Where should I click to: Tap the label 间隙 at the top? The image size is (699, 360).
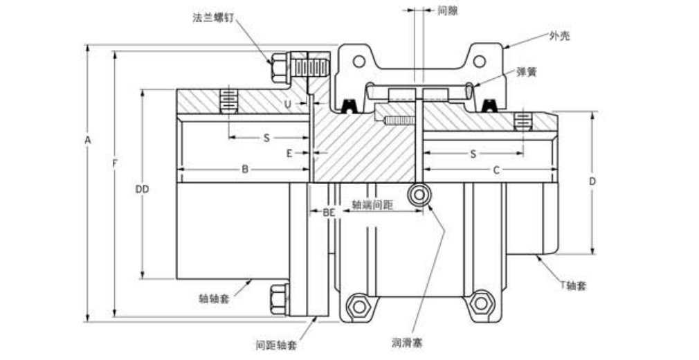[448, 11]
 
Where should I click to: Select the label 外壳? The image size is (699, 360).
[559, 35]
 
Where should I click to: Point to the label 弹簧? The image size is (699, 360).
[527, 71]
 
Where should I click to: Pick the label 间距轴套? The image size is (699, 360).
[276, 345]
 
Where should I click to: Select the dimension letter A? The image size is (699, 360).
[87, 141]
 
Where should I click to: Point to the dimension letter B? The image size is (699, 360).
[244, 169]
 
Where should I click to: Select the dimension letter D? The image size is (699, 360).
[592, 181]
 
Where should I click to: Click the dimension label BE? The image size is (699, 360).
[329, 213]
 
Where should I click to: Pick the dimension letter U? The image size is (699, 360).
[287, 104]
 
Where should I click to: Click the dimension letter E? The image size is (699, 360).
[289, 153]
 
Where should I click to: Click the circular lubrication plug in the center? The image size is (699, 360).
[418, 195]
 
